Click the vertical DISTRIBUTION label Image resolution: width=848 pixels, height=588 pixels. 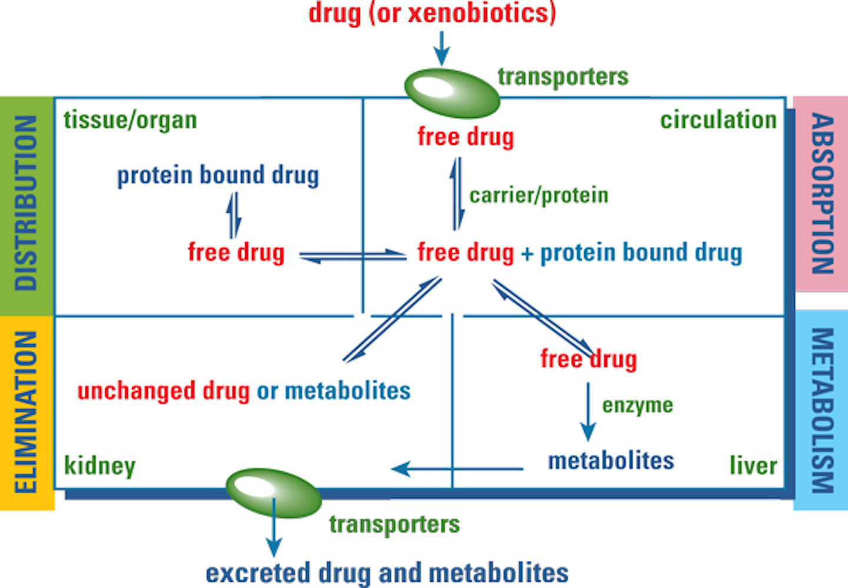pyautogui.click(x=26, y=203)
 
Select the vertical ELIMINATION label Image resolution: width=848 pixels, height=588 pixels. pyautogui.click(x=26, y=412)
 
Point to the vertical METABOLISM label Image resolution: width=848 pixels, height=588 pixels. pyautogui.click(x=822, y=410)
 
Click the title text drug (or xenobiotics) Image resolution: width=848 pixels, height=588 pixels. pyautogui.click(x=432, y=13)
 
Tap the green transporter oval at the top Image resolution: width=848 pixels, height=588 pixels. pyautogui.click(x=452, y=93)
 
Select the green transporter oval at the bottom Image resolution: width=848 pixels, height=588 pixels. pyautogui.click(x=274, y=492)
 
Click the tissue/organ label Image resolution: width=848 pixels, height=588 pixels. pyautogui.click(x=130, y=120)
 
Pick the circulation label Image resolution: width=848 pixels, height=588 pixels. pyautogui.click(x=718, y=120)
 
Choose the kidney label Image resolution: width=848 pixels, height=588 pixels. pyautogui.click(x=100, y=465)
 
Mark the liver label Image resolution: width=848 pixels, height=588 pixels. pyautogui.click(x=753, y=465)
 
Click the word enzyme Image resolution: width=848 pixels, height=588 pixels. pyautogui.click(x=637, y=405)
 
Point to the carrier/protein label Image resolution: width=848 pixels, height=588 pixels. pyautogui.click(x=538, y=195)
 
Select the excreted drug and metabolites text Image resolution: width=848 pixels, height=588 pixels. pyautogui.click(x=387, y=573)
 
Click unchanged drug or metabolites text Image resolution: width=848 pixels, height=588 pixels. pyautogui.click(x=244, y=391)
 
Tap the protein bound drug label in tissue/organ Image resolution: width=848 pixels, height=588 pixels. pyautogui.click(x=218, y=176)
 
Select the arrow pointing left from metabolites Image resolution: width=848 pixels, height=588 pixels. pyautogui.click(x=456, y=469)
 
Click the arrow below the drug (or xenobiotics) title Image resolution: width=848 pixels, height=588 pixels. pyautogui.click(x=442, y=48)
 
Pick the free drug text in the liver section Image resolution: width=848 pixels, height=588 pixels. pyautogui.click(x=588, y=359)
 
